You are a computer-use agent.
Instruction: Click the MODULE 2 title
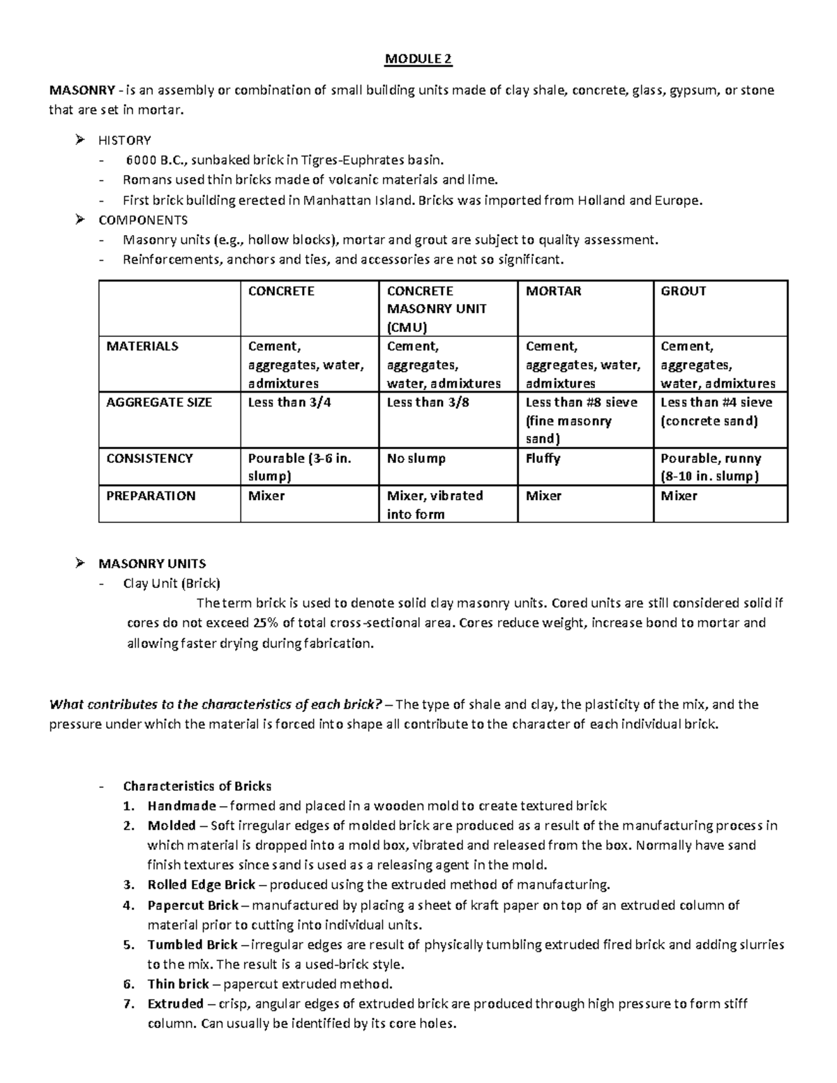pos(418,59)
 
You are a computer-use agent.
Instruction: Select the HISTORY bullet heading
pos(125,140)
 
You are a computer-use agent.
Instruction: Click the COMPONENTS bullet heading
pos(143,220)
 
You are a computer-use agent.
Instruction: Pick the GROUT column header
pos(683,291)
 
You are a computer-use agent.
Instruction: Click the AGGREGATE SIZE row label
pos(158,402)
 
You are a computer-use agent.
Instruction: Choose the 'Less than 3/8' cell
pos(428,402)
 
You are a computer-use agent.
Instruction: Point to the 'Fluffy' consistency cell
pos(543,459)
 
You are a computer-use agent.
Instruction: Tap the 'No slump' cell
pos(416,459)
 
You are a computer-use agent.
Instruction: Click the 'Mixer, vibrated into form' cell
pos(435,505)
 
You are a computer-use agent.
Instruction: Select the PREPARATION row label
pos(151,496)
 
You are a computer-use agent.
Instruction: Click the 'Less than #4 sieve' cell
pos(716,402)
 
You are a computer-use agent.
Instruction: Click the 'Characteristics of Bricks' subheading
pos(197,786)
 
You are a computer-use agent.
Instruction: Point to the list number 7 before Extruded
pos(128,1004)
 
